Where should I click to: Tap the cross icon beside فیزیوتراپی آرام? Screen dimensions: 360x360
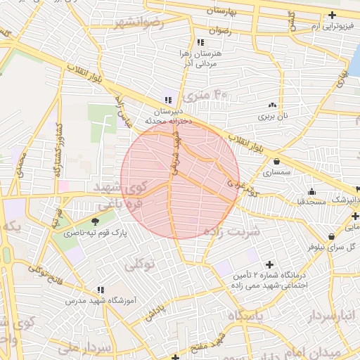coord(332,15)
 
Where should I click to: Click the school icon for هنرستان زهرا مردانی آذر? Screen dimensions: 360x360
coord(202,41)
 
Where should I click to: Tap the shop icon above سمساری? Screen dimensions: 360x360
coord(263,162)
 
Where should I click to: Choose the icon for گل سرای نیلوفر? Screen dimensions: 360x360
coord(330,236)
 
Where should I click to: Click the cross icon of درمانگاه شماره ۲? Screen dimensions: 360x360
coord(269,264)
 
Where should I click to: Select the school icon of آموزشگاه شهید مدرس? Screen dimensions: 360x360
coord(101,290)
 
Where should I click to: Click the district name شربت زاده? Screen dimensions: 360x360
coord(231,231)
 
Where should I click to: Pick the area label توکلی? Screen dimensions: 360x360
coord(139,265)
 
